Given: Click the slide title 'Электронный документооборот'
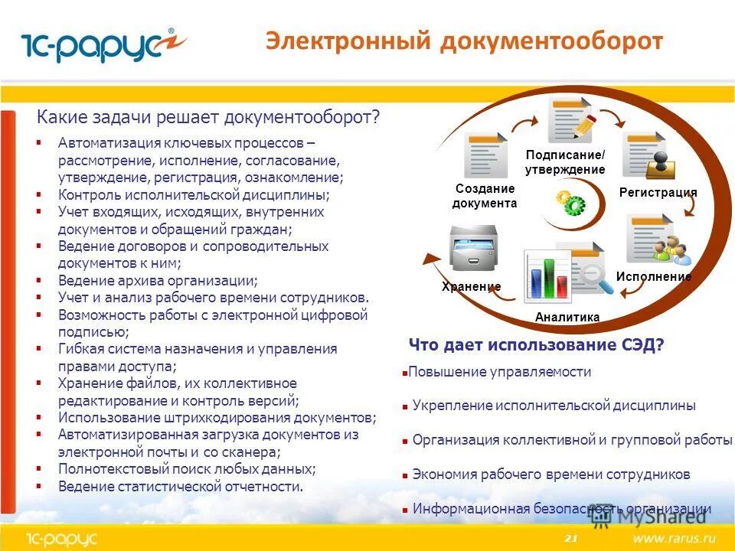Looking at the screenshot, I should point(464,41).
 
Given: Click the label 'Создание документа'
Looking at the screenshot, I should point(485,196).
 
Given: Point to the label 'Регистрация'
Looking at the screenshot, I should point(658,192).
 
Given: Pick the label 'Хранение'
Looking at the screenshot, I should point(471,286).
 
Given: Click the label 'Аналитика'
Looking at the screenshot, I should point(567,317).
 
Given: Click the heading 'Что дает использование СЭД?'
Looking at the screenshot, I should point(536,344).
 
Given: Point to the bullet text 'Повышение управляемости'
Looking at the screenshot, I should point(499,372).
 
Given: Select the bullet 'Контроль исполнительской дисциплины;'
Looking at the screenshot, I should point(194,194).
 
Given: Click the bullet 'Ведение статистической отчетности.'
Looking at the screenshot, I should point(181,486).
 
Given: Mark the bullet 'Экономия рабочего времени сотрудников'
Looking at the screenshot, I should point(550,474).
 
